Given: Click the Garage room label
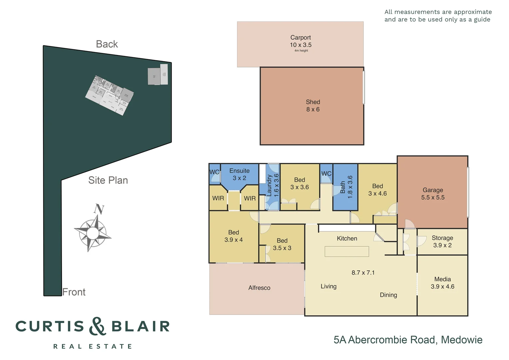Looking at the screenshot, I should click(433, 194).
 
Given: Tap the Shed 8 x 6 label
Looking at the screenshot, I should click(313, 106).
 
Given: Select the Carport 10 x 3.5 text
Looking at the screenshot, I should click(300, 41).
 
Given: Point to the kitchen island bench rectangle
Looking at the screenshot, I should click(347, 251).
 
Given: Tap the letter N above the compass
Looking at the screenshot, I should click(99, 209).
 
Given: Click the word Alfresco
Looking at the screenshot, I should click(259, 288).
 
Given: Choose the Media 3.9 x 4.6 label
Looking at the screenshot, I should click(442, 283).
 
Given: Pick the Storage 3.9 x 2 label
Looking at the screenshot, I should click(442, 241).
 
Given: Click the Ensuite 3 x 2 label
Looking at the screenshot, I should click(239, 174).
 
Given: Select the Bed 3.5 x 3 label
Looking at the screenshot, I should click(282, 244).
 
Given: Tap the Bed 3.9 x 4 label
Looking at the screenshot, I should click(234, 236).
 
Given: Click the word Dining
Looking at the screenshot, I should click(388, 295).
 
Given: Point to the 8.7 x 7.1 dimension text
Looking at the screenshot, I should click(363, 273).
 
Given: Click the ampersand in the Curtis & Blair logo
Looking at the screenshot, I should click(97, 326).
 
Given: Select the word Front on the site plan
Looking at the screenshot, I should click(74, 292).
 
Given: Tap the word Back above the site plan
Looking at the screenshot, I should click(107, 44).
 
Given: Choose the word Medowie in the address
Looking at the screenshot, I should click(462, 340).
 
